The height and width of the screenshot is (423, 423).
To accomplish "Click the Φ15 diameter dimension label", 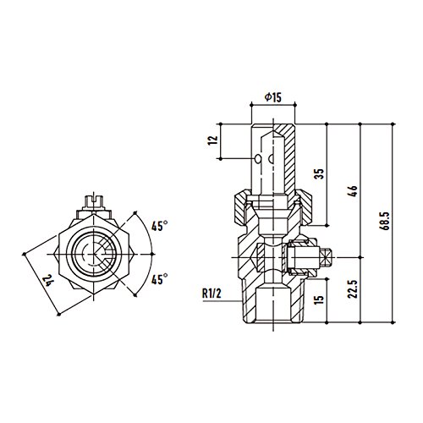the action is [x=273, y=97].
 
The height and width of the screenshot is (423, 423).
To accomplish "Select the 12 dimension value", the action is [x=213, y=140].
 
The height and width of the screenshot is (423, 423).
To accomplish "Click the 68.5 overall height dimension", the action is [x=386, y=221].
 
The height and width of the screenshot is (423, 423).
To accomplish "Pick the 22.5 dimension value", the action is [x=353, y=289].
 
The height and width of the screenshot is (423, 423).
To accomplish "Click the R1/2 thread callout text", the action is [x=211, y=294].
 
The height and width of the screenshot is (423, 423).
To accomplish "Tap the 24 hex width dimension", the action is [x=47, y=281].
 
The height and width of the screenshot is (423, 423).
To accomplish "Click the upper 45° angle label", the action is [x=159, y=226].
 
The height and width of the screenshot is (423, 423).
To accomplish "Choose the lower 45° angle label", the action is [x=159, y=279].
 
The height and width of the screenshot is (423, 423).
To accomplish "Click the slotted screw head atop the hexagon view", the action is [x=94, y=201].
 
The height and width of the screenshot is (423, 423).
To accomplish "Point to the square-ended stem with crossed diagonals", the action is [x=326, y=257].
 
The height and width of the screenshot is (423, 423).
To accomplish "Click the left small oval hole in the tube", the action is [x=258, y=159].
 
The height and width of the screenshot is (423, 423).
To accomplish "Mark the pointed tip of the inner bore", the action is [x=273, y=130].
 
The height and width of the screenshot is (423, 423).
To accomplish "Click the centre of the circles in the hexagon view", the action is [x=94, y=254].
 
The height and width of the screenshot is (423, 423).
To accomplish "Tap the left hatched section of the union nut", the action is [x=241, y=206].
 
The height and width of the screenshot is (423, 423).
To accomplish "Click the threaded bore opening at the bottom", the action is [x=273, y=305].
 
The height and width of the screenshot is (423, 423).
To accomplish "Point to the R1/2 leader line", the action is [x=222, y=301].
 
